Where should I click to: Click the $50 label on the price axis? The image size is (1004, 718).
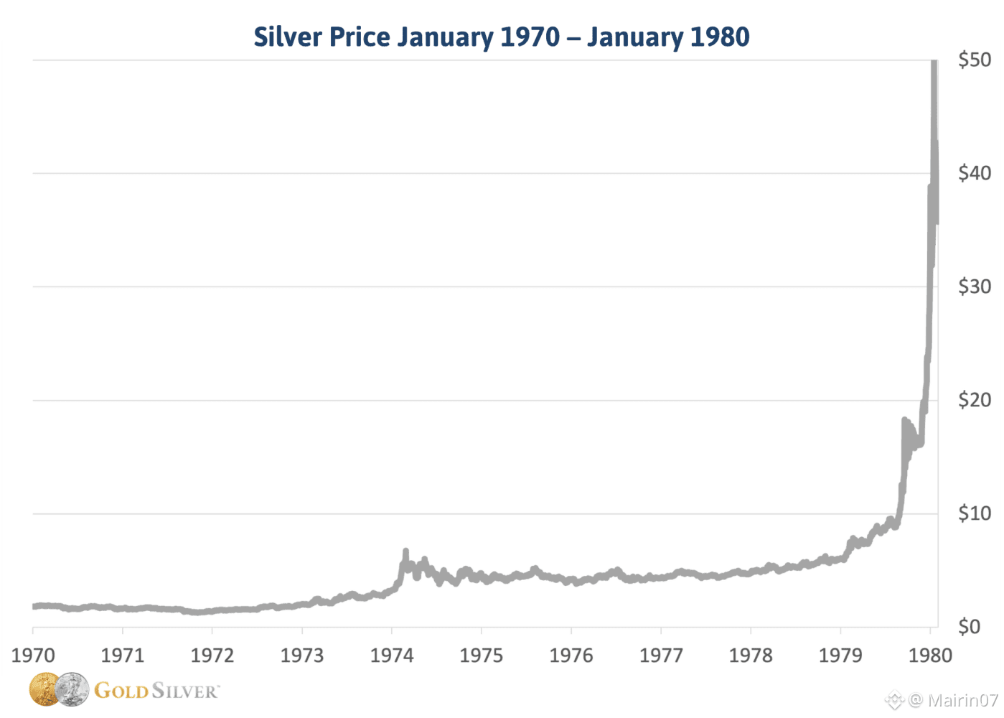tap(975, 60)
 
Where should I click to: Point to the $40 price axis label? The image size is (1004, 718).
tap(975, 173)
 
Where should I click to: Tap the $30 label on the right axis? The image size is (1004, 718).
tap(975, 286)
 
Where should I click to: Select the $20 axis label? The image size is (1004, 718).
tap(975, 400)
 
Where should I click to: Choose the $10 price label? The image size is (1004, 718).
tap(975, 513)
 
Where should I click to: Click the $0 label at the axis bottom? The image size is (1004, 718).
tap(969, 627)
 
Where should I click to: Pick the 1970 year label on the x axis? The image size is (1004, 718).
tap(33, 656)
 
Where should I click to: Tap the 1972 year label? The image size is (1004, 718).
tap(212, 656)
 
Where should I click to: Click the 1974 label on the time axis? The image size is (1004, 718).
tap(392, 656)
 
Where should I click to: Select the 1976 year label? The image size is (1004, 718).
tap(571, 656)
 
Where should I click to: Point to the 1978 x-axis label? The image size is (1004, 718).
tap(751, 656)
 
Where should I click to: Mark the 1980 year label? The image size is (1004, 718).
tap(930, 656)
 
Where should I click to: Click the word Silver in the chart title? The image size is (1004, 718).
tap(288, 37)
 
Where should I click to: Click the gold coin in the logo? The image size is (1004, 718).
tap(44, 689)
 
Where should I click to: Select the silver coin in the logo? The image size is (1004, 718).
tap(72, 689)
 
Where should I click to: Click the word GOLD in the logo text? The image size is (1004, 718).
tap(121, 691)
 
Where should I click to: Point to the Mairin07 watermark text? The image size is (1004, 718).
tap(963, 700)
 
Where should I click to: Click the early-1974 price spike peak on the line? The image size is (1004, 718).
tap(405, 551)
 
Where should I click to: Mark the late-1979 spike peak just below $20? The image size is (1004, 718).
tap(904, 420)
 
